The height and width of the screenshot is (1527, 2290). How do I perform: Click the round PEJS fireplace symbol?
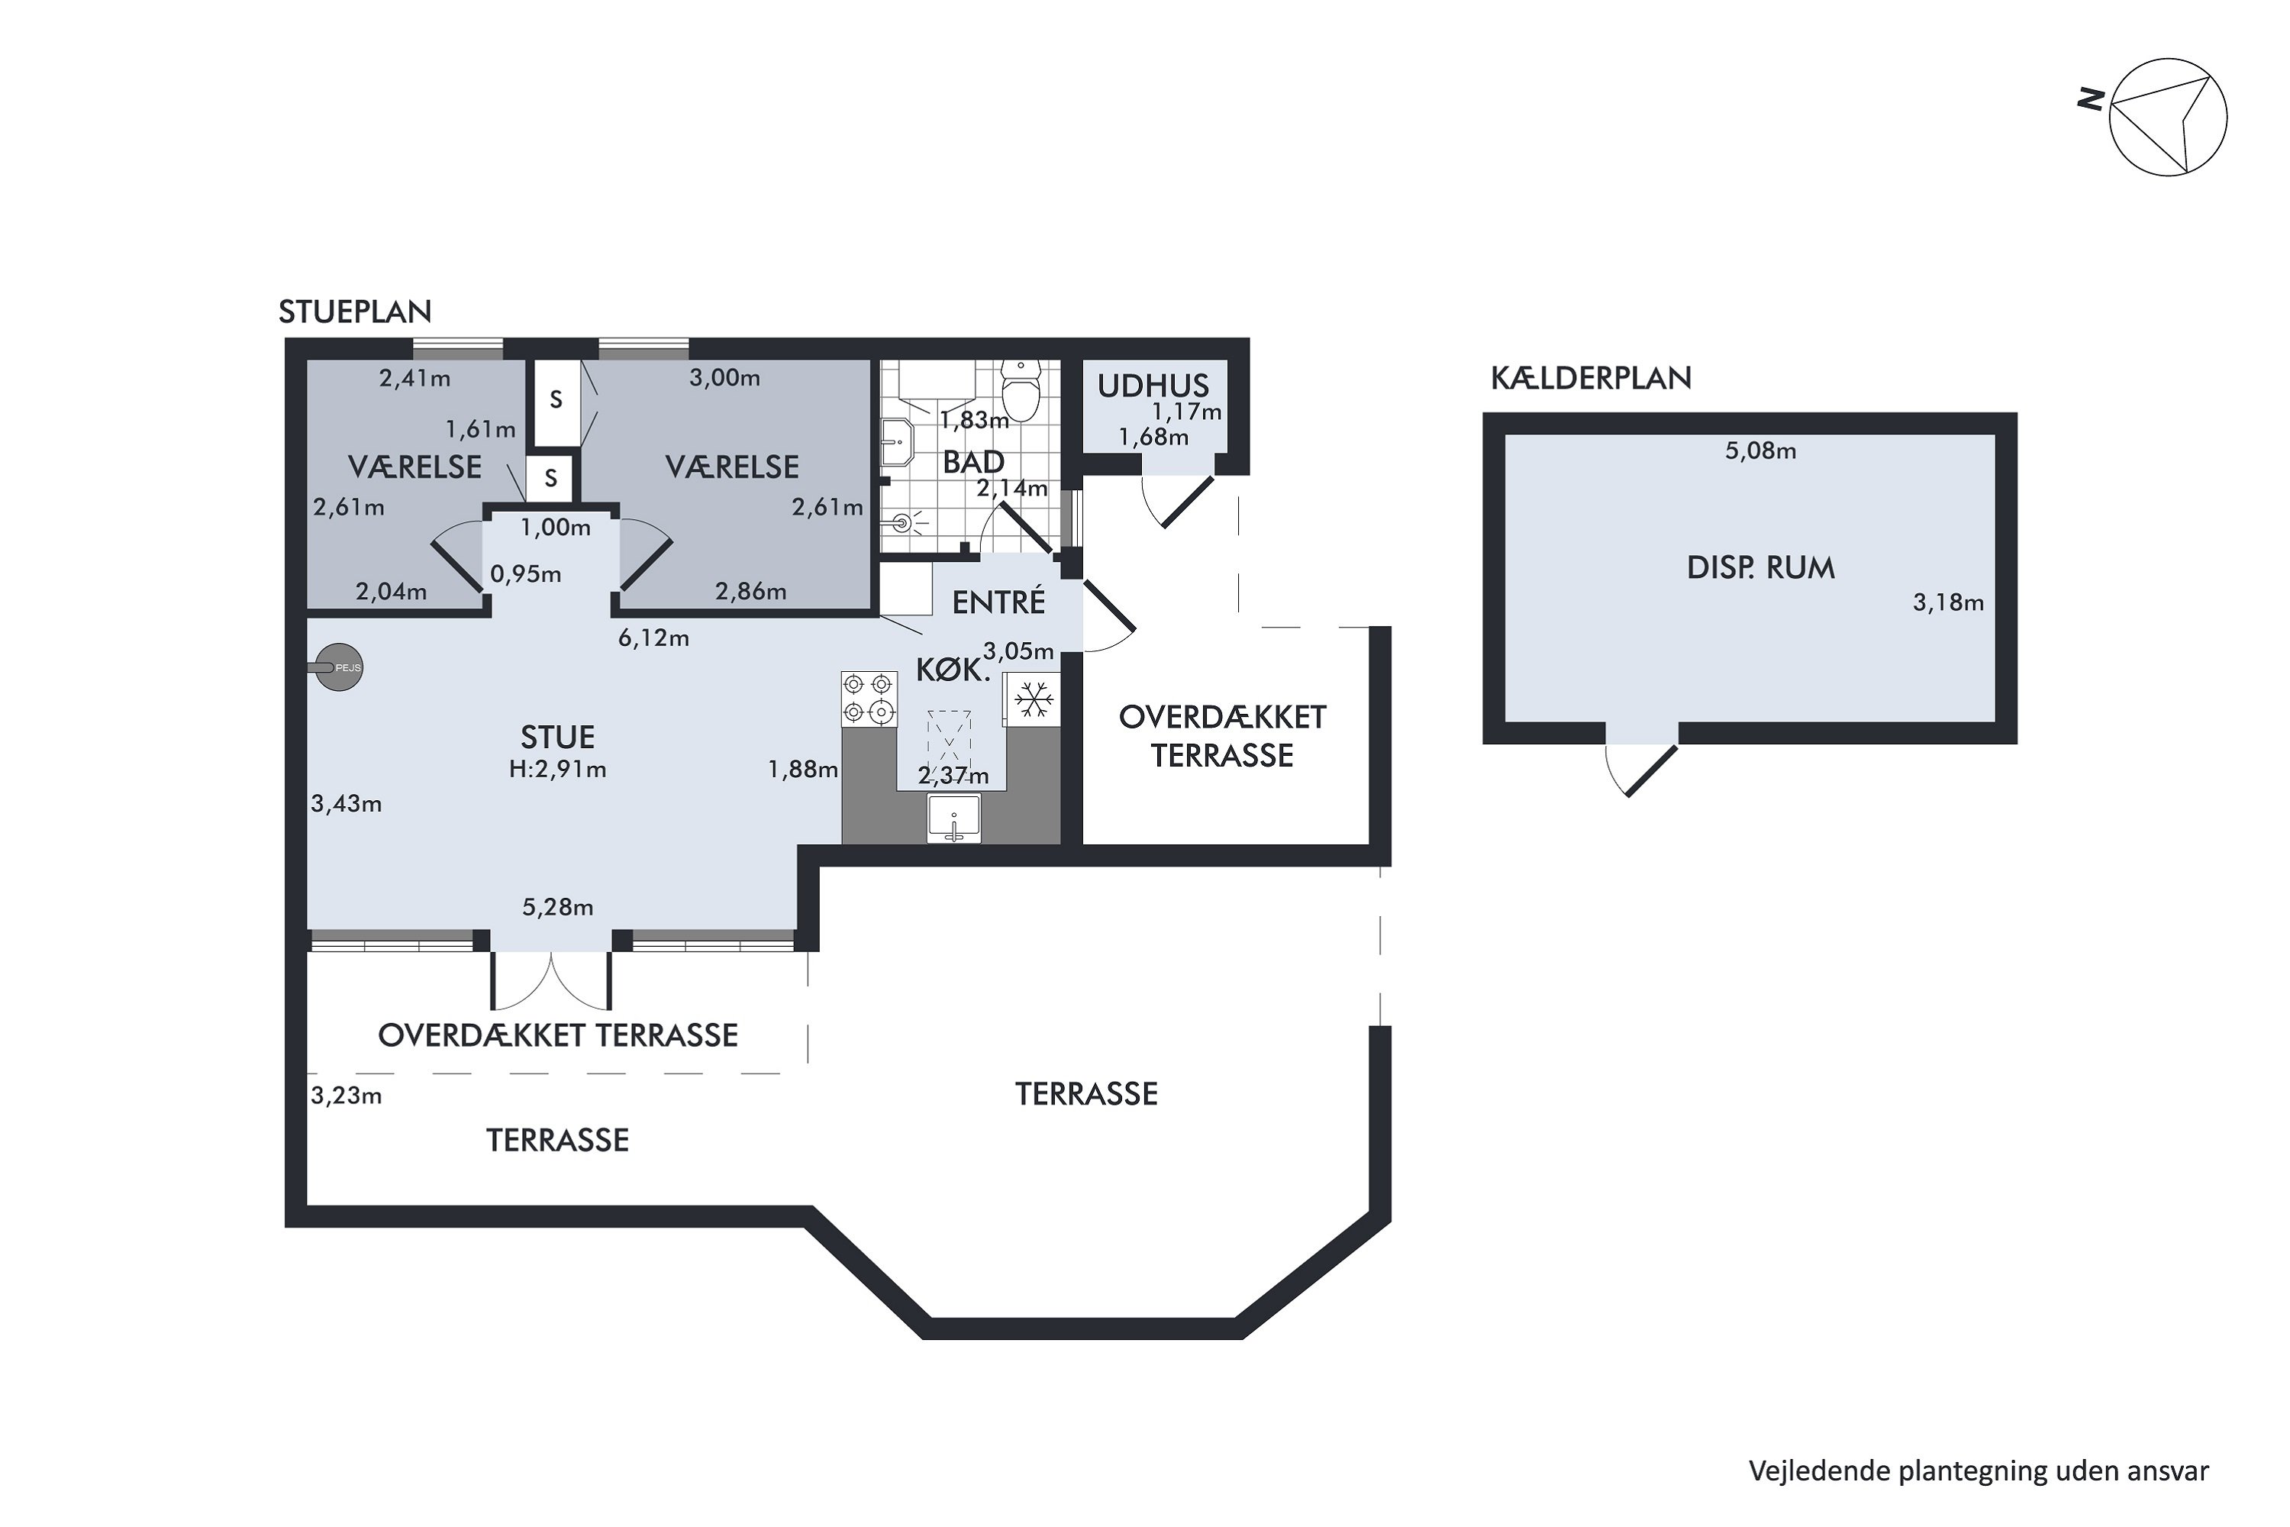338,668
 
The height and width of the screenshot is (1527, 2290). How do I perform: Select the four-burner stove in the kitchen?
869,699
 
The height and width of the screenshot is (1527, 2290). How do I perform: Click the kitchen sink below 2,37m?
954,818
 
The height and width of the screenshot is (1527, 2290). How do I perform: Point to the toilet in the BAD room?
1021,389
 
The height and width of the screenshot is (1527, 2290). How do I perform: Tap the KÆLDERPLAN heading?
1591,378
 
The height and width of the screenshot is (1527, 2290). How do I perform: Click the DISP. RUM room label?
1760,568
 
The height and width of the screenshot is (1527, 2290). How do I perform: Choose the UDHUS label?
1153,386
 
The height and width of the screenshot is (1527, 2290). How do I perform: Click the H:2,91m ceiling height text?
557,770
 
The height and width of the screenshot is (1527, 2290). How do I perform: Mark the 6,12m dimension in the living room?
653,638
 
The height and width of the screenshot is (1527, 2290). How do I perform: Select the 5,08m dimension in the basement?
1760,451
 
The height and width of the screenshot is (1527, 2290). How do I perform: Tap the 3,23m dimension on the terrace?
346,1096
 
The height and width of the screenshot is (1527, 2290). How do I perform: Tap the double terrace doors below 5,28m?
551,980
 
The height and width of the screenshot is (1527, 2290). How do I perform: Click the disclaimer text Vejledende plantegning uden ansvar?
1979,1471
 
